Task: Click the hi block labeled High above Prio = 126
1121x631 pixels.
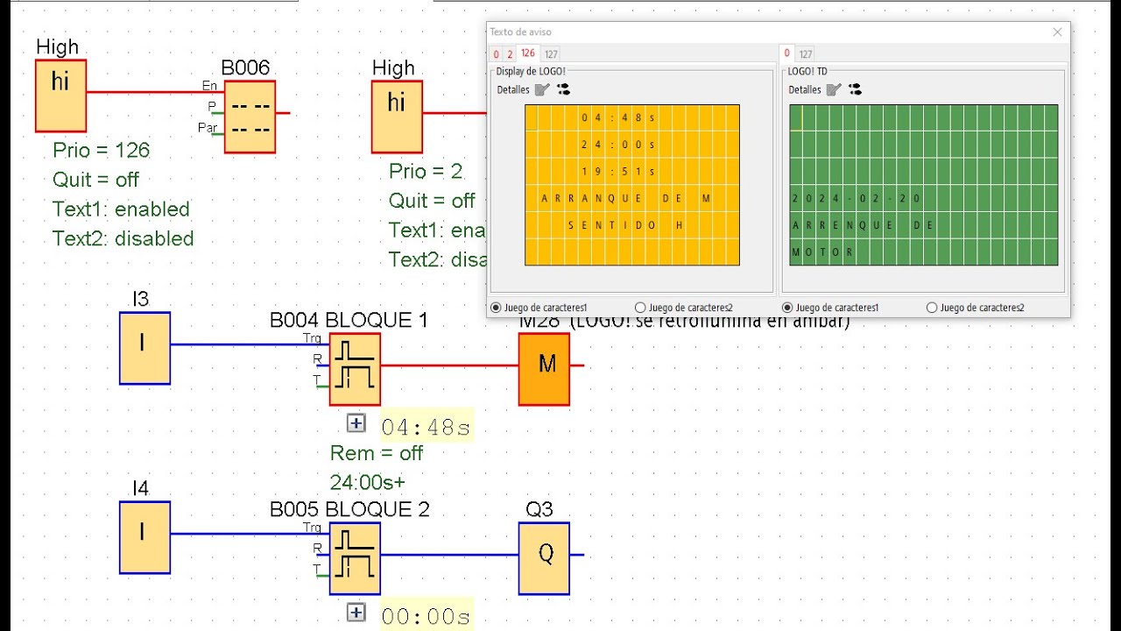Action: coord(60,96)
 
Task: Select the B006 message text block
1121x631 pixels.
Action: coord(250,117)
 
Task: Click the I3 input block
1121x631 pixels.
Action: coord(145,348)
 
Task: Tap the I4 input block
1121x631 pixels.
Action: coord(145,537)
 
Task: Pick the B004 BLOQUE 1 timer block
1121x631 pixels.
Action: coord(355,369)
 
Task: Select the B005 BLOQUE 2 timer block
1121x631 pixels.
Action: coord(355,558)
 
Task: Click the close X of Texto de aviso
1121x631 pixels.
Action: coord(1057,32)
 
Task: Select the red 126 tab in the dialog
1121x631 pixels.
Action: coord(528,53)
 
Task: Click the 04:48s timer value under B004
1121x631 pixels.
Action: coord(427,428)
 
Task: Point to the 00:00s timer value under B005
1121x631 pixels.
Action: coord(427,617)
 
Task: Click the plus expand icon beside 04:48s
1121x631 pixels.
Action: coord(356,423)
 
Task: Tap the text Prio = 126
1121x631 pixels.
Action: coord(101,150)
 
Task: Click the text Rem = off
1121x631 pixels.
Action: coord(376,453)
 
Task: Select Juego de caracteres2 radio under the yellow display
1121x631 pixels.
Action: coord(640,308)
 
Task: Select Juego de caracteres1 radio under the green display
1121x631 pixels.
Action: coord(787,308)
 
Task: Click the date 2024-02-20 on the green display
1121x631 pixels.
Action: coord(856,199)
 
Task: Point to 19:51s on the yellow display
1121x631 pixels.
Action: coord(617,172)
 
